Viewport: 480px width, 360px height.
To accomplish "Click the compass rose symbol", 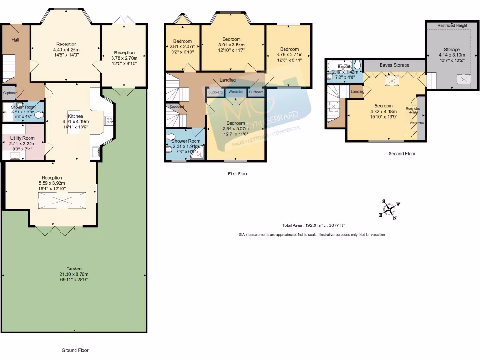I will point(390,210).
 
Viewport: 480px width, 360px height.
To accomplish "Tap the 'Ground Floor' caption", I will point(75,350).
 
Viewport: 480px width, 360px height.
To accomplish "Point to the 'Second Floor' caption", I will point(402,154).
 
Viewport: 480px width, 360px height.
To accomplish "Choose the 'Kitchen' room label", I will point(75,116).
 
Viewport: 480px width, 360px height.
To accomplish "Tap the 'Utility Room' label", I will point(22,138).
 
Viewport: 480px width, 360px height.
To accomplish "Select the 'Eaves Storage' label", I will point(394,65).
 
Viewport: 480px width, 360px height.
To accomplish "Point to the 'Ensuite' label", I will point(345,67).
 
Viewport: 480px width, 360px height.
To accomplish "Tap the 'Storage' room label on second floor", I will point(452,49).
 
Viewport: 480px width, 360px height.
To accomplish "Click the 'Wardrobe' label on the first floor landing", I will point(236,92).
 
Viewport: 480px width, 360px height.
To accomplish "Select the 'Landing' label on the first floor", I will point(228,80).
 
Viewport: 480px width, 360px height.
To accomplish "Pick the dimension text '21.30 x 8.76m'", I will point(74,274).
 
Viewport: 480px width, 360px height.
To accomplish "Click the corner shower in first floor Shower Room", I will point(199,153).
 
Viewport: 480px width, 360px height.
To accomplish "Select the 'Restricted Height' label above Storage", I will point(451,26).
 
